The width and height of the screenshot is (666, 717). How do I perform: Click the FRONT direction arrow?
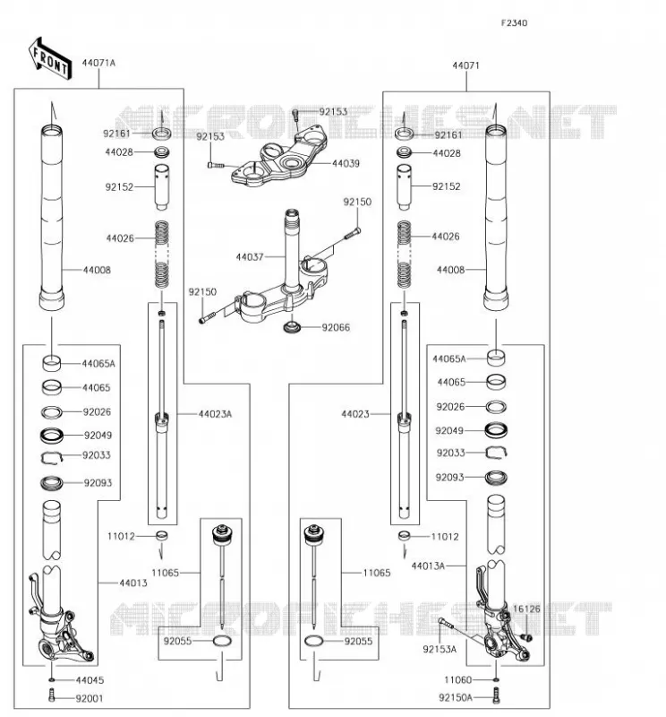click(50, 59)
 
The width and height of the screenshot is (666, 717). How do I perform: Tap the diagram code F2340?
click(514, 23)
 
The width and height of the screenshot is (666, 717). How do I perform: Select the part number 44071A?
click(98, 63)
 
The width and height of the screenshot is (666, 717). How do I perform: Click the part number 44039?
click(346, 163)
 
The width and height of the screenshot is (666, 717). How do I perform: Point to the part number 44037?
click(250, 257)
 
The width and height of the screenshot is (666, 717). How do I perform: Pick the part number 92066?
click(336, 327)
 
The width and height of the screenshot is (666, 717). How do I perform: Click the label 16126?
click(526, 609)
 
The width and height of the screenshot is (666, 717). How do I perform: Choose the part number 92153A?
click(440, 649)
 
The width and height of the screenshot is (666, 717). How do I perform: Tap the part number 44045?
click(90, 680)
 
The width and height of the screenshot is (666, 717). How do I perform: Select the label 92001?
click(90, 699)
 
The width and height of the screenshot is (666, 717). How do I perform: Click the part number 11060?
click(458, 680)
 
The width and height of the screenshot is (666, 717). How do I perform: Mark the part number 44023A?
click(215, 414)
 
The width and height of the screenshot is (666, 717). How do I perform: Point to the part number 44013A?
click(428, 566)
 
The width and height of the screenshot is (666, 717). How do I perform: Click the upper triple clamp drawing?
click(279, 155)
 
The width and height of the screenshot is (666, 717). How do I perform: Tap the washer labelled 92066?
click(292, 327)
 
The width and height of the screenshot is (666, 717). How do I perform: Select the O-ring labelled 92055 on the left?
click(223, 641)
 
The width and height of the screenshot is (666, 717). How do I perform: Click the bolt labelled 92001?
click(52, 695)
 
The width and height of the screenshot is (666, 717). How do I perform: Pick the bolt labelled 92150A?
click(497, 695)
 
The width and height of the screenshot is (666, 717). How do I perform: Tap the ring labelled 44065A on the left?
click(52, 363)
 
